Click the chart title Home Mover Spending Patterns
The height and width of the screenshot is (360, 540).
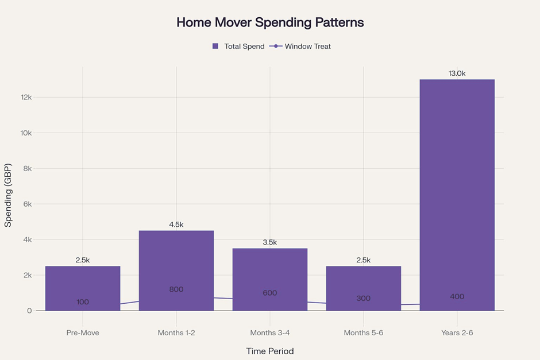click(x=270, y=22)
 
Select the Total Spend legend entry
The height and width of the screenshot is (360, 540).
click(x=238, y=46)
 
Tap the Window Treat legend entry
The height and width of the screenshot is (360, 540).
click(x=300, y=46)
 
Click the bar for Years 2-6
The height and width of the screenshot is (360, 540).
click(x=457, y=195)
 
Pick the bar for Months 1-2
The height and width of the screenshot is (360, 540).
click(x=176, y=270)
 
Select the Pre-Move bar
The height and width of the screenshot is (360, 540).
click(x=83, y=288)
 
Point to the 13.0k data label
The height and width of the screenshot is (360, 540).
click(x=457, y=73)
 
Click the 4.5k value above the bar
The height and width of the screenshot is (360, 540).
click(x=176, y=224)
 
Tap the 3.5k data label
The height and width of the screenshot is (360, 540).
click(x=270, y=242)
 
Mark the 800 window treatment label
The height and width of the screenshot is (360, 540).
click(x=176, y=289)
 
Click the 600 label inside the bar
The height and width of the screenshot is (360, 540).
click(x=270, y=293)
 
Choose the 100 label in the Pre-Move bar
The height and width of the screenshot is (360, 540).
click(x=83, y=302)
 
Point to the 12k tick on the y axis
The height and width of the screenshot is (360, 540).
click(x=26, y=98)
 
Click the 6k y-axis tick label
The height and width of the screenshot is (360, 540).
click(x=28, y=204)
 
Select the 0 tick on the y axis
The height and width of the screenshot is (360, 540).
click(x=30, y=311)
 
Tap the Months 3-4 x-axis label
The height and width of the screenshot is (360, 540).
click(x=270, y=333)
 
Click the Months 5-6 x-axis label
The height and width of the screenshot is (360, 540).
click(x=364, y=333)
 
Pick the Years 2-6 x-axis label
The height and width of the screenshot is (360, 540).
click(x=457, y=333)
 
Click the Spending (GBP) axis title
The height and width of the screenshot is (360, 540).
click(x=8, y=195)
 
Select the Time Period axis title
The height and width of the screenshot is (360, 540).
click(x=270, y=351)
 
